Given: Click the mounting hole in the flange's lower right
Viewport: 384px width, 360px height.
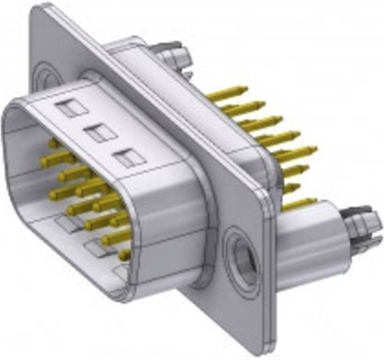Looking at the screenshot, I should coord(240,255).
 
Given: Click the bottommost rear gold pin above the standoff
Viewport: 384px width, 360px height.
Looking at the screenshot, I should coord(300,204).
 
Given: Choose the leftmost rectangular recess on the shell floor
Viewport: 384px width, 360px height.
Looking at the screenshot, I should coord(65,224).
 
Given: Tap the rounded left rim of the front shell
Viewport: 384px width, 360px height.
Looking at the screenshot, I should coord(10,140).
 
